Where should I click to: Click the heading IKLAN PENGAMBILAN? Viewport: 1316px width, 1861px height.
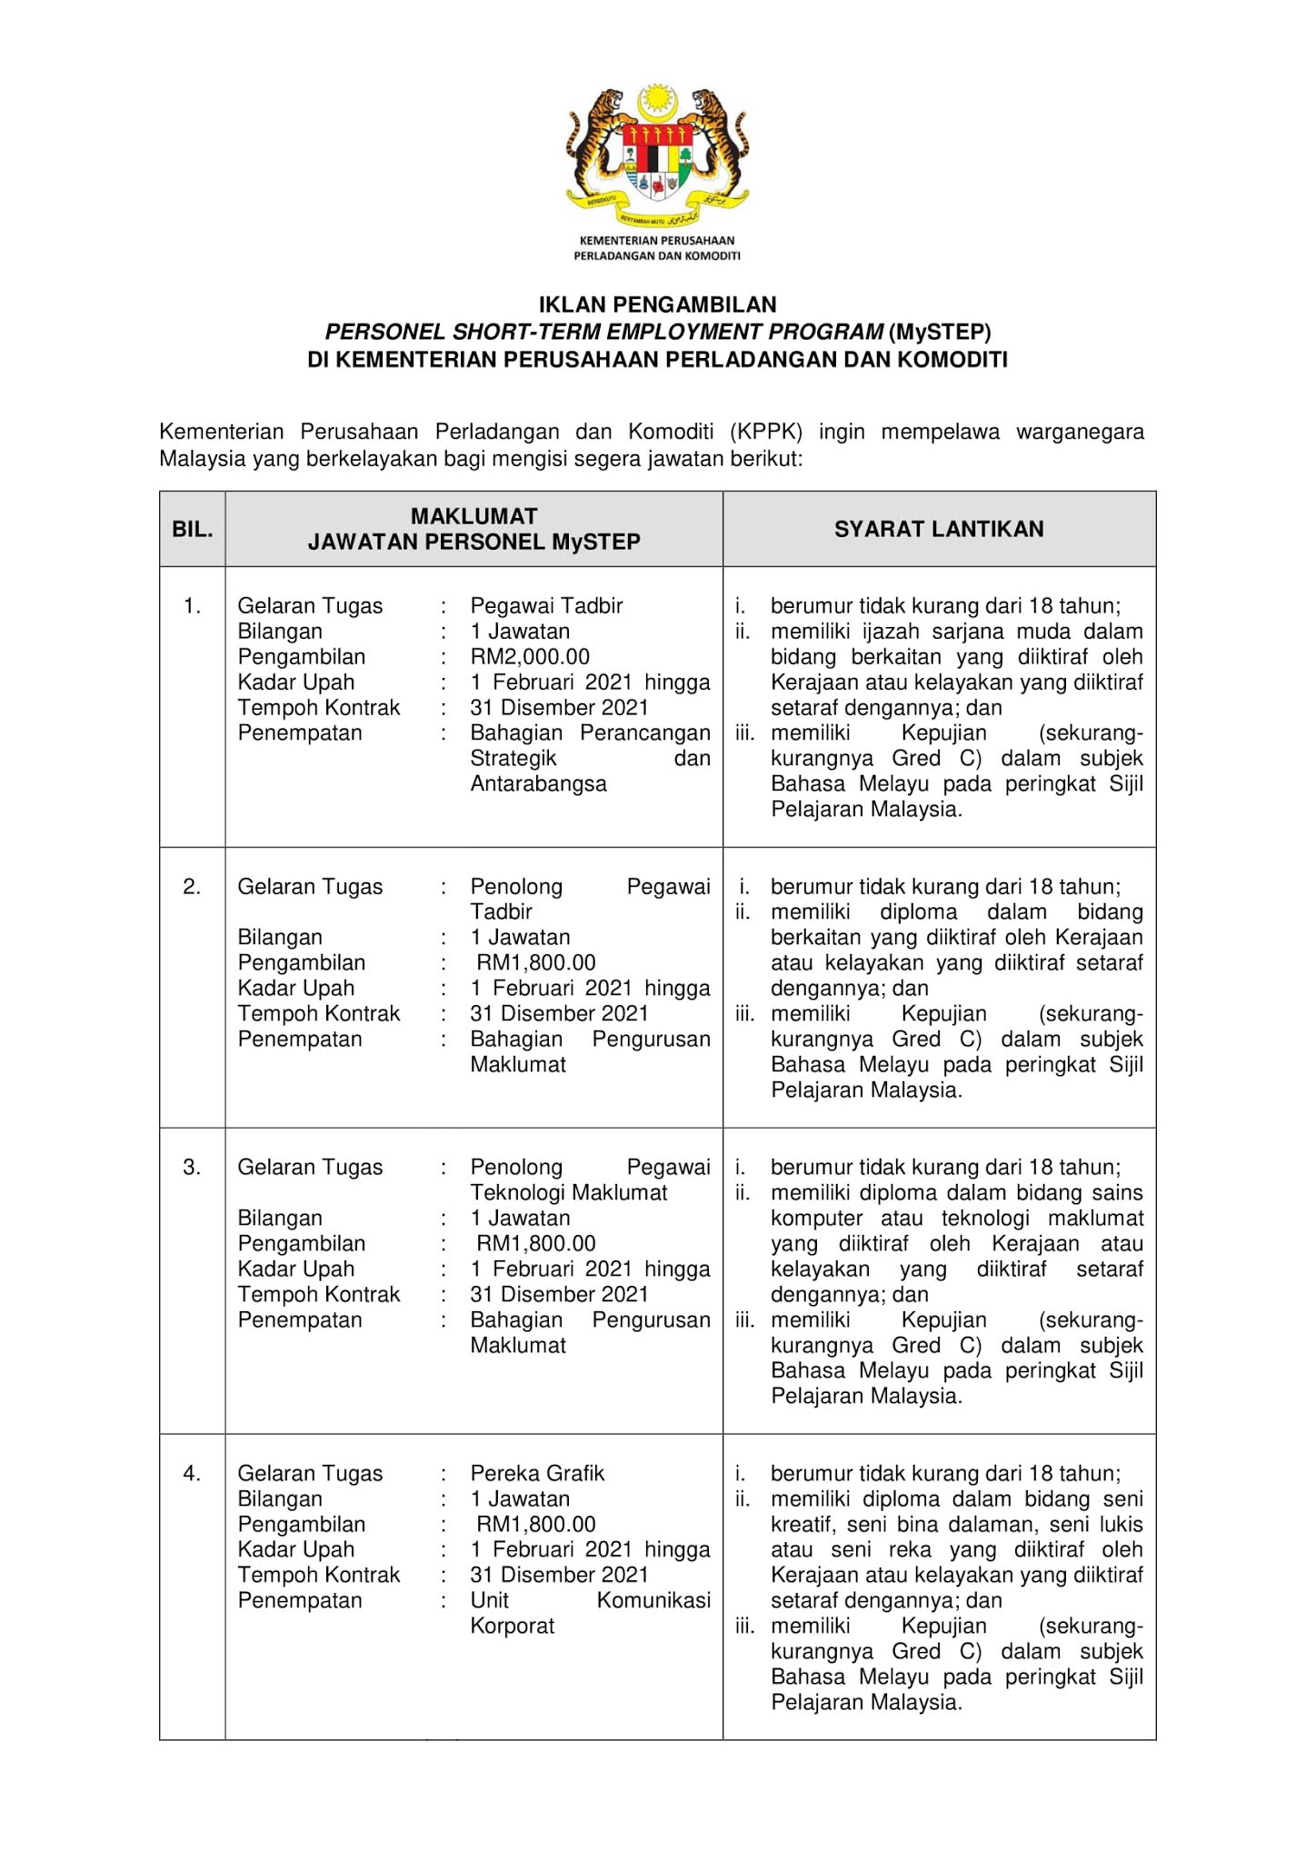point(657,304)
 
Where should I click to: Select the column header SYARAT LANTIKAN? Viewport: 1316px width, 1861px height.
point(939,529)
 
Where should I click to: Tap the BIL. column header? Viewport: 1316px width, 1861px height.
point(192,529)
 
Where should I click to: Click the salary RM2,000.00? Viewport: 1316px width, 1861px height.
point(530,656)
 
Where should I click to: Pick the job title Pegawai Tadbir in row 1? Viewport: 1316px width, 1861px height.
point(546,605)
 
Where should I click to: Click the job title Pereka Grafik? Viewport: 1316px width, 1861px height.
point(537,1473)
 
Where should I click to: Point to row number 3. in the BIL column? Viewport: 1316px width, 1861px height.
point(192,1167)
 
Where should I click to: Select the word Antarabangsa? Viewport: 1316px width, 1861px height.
point(538,783)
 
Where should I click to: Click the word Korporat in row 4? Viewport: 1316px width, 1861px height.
point(512,1626)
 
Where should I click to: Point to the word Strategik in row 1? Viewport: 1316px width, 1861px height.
point(513,758)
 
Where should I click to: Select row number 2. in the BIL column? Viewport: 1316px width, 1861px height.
point(192,886)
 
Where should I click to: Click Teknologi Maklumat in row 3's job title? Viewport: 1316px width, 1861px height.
point(568,1192)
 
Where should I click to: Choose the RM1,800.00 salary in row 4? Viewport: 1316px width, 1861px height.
point(535,1524)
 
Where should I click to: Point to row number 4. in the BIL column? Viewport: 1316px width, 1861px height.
point(192,1473)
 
